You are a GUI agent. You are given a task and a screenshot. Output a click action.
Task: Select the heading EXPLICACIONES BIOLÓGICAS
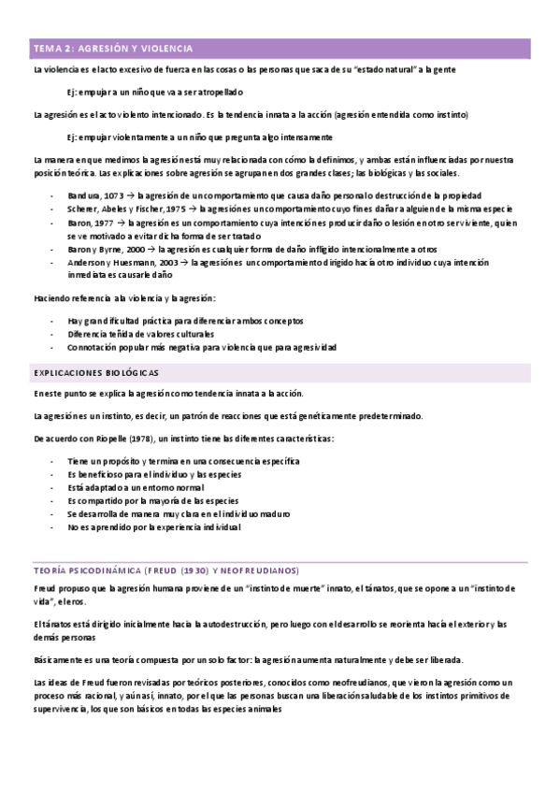click(x=96, y=372)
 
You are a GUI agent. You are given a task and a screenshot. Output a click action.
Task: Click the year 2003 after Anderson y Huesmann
click(x=172, y=264)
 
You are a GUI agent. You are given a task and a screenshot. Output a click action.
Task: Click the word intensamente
click(x=292, y=137)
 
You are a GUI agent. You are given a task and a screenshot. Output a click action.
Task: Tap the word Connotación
click(x=94, y=347)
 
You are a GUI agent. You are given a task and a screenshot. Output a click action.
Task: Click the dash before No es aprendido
click(x=52, y=526)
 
